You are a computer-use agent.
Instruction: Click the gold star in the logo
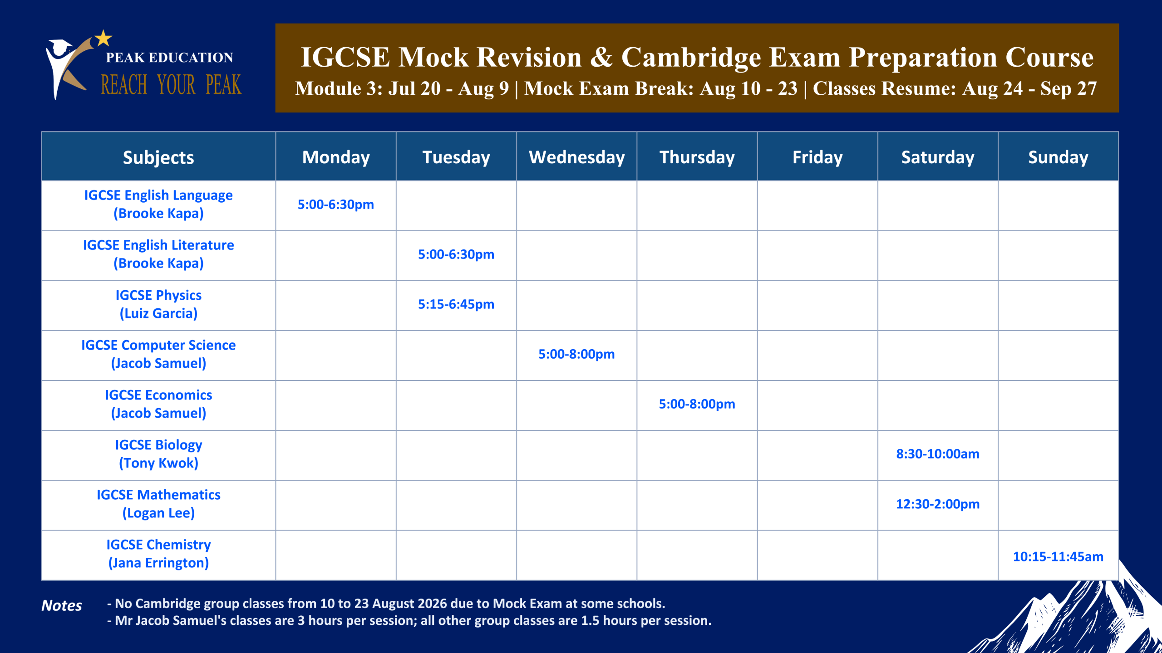click(103, 38)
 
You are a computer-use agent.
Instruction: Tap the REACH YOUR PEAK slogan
click(171, 85)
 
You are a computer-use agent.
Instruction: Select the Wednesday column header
click(576, 157)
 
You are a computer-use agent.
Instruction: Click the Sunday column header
click(1058, 157)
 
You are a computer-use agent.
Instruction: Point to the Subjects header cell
click(158, 157)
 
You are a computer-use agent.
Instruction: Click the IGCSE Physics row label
click(158, 304)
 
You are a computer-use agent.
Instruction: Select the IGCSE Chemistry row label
click(158, 553)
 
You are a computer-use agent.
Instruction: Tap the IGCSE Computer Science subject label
click(158, 354)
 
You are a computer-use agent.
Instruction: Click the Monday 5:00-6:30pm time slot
click(336, 205)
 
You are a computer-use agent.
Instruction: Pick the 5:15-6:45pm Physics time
click(456, 304)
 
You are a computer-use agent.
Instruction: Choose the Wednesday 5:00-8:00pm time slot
click(576, 354)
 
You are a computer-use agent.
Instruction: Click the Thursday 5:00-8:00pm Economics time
click(697, 404)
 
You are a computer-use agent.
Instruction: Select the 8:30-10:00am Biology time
click(938, 454)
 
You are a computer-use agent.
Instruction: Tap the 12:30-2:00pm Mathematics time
click(938, 504)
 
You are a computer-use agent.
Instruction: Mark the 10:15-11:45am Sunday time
click(1058, 556)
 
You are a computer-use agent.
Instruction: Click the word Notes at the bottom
click(62, 605)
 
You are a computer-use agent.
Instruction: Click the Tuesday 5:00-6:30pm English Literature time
click(456, 254)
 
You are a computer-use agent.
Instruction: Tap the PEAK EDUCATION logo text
click(169, 58)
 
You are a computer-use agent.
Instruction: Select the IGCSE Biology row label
click(158, 453)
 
